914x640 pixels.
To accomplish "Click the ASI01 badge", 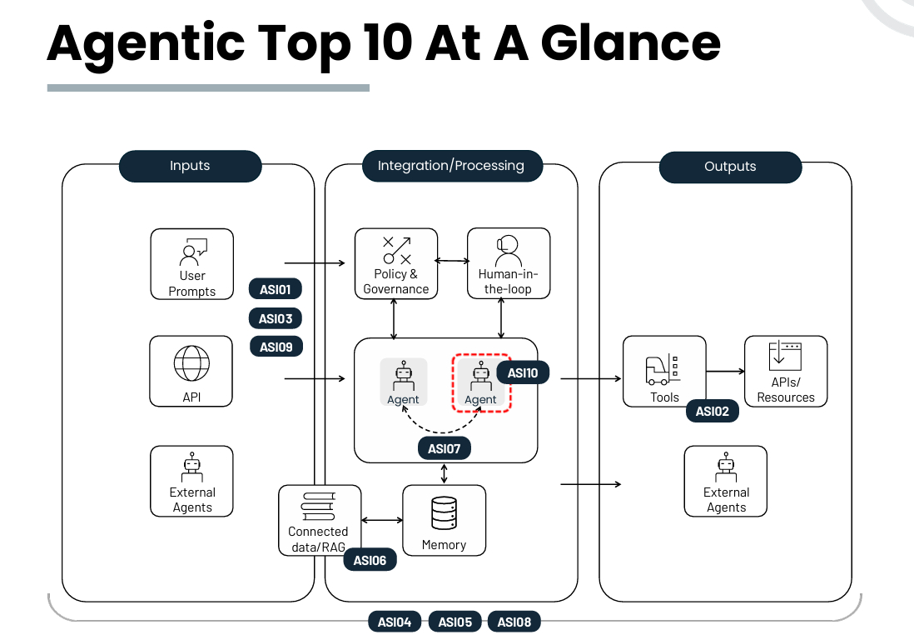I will tap(275, 290).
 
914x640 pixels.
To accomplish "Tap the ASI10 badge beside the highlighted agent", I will tap(522, 372).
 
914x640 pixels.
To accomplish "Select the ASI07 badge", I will tap(444, 448).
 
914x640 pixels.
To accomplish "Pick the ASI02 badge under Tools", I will tap(712, 411).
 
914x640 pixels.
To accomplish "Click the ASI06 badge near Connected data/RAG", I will tap(370, 560).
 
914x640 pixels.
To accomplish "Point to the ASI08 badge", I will tap(514, 621).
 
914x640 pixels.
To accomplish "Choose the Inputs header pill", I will tap(190, 166).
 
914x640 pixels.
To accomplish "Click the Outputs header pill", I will tap(730, 167).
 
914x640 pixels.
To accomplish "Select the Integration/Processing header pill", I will tap(451, 166).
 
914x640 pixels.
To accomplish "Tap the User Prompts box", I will tap(192, 265).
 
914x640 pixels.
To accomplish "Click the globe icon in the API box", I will tap(191, 363).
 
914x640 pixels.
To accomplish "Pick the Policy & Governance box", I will tap(396, 264).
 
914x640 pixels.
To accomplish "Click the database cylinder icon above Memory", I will tap(444, 513).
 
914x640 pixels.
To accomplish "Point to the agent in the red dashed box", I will tap(480, 382).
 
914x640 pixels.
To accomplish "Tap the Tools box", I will tap(664, 371).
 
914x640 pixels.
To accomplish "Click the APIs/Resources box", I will tap(786, 371).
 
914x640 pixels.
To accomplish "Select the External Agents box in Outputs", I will tap(726, 482).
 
